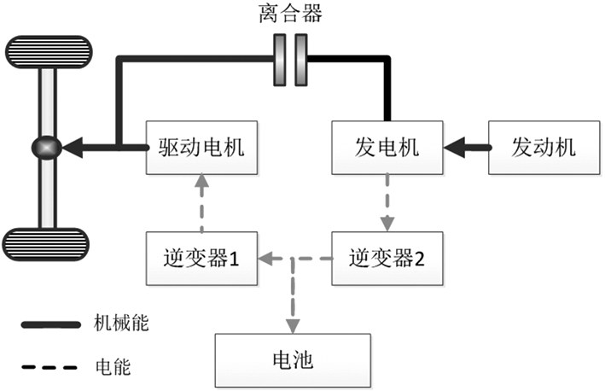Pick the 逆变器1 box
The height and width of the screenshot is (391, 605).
[201, 257]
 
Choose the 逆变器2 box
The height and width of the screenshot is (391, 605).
[387, 257]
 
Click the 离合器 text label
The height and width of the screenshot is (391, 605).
[289, 15]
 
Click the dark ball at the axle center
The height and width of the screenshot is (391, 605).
[44, 146]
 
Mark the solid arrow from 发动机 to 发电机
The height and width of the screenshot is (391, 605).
[465, 146]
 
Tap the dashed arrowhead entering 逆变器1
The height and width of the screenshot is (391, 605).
[266, 256]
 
